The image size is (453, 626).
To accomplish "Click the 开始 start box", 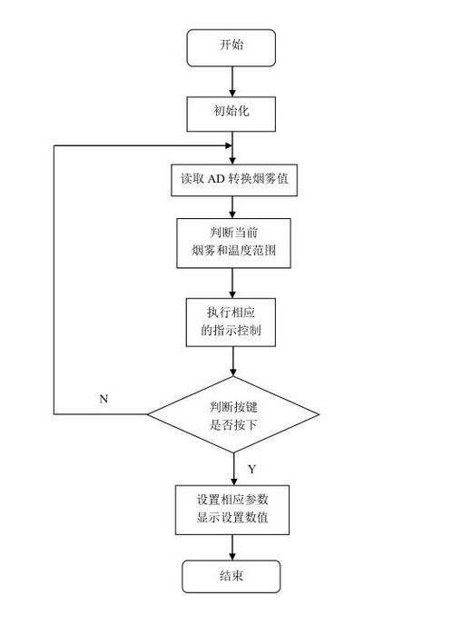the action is click(231, 47).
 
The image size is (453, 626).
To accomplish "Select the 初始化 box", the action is click(231, 114).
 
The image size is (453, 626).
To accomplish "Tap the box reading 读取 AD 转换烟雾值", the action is click(234, 180).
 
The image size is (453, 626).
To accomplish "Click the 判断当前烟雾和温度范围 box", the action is click(233, 243).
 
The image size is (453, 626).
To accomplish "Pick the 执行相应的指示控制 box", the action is click(231, 323).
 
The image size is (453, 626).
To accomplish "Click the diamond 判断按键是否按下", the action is click(233, 414).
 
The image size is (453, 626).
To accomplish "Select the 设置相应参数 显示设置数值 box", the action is click(232, 510).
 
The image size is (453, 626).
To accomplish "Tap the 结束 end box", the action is click(231, 576).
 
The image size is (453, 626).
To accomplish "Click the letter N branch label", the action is click(103, 399).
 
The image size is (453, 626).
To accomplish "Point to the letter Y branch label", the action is click(251, 469).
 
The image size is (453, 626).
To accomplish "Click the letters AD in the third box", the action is click(216, 178).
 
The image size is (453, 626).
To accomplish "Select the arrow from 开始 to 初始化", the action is click(232, 82).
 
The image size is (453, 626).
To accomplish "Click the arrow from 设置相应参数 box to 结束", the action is click(232, 547).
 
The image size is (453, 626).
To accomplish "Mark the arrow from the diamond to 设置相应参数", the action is click(233, 469).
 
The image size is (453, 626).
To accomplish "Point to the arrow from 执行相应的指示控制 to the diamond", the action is click(233, 362).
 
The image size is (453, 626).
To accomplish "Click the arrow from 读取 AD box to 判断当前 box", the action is click(232, 207).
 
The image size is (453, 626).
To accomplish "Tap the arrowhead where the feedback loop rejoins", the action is click(229, 145).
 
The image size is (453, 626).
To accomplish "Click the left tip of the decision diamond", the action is click(148, 414).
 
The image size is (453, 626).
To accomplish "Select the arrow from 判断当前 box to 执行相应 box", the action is click(232, 283).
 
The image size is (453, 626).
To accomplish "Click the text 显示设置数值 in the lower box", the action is click(232, 518).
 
